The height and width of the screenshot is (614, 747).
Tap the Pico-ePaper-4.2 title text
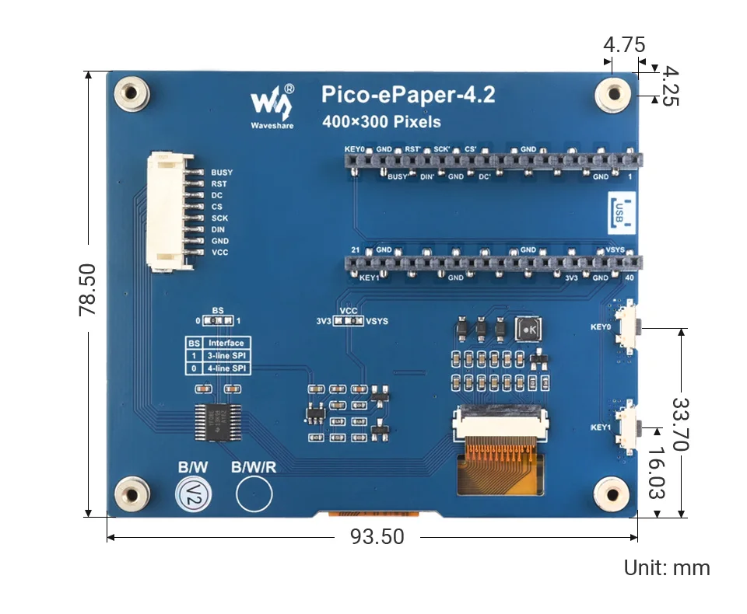coord(409,95)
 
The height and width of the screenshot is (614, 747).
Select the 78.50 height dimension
coord(87,289)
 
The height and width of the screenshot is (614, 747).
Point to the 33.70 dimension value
coord(682,424)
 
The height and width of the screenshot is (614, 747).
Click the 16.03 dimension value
coord(658,472)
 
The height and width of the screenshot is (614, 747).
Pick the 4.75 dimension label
coord(624,45)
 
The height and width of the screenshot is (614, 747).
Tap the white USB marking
coord(619,211)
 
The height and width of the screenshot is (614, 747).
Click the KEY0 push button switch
coord(628,326)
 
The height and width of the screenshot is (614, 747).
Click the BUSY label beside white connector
coord(222,173)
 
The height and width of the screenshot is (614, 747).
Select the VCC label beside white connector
coord(220,253)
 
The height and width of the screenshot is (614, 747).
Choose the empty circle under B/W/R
coord(254,494)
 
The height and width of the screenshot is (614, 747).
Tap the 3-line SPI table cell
coord(226,355)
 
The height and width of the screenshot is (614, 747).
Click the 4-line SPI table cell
coord(226,368)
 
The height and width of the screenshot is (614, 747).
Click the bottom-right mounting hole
coord(612,494)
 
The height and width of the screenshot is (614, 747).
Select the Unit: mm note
coord(667,568)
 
